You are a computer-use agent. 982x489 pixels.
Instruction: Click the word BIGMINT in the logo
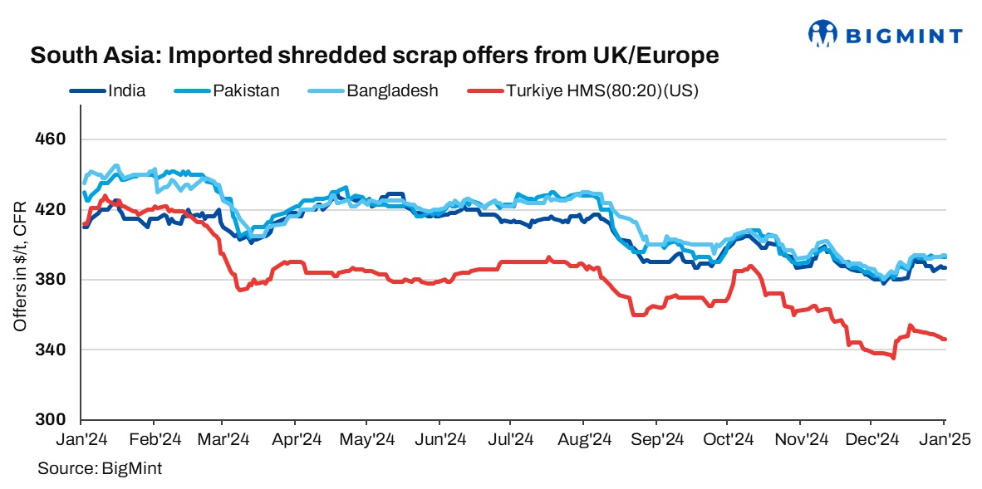click(904, 36)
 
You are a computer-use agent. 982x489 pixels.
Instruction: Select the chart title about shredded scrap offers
click(374, 57)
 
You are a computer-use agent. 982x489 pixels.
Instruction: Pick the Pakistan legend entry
click(246, 90)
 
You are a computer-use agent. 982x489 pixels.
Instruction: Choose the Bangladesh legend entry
click(392, 90)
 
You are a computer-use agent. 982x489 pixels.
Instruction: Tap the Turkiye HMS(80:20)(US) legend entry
click(601, 90)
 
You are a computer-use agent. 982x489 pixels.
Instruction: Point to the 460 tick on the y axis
click(53, 139)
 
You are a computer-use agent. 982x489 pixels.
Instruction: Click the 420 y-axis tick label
click(53, 209)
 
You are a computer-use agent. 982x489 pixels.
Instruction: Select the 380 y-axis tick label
click(53, 280)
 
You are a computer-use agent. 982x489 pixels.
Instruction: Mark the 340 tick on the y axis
click(53, 350)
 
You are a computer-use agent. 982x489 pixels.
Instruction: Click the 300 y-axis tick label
click(53, 420)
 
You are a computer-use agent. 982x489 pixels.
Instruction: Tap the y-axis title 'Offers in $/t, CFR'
click(20, 266)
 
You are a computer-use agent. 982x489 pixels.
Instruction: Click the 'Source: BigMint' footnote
click(100, 469)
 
